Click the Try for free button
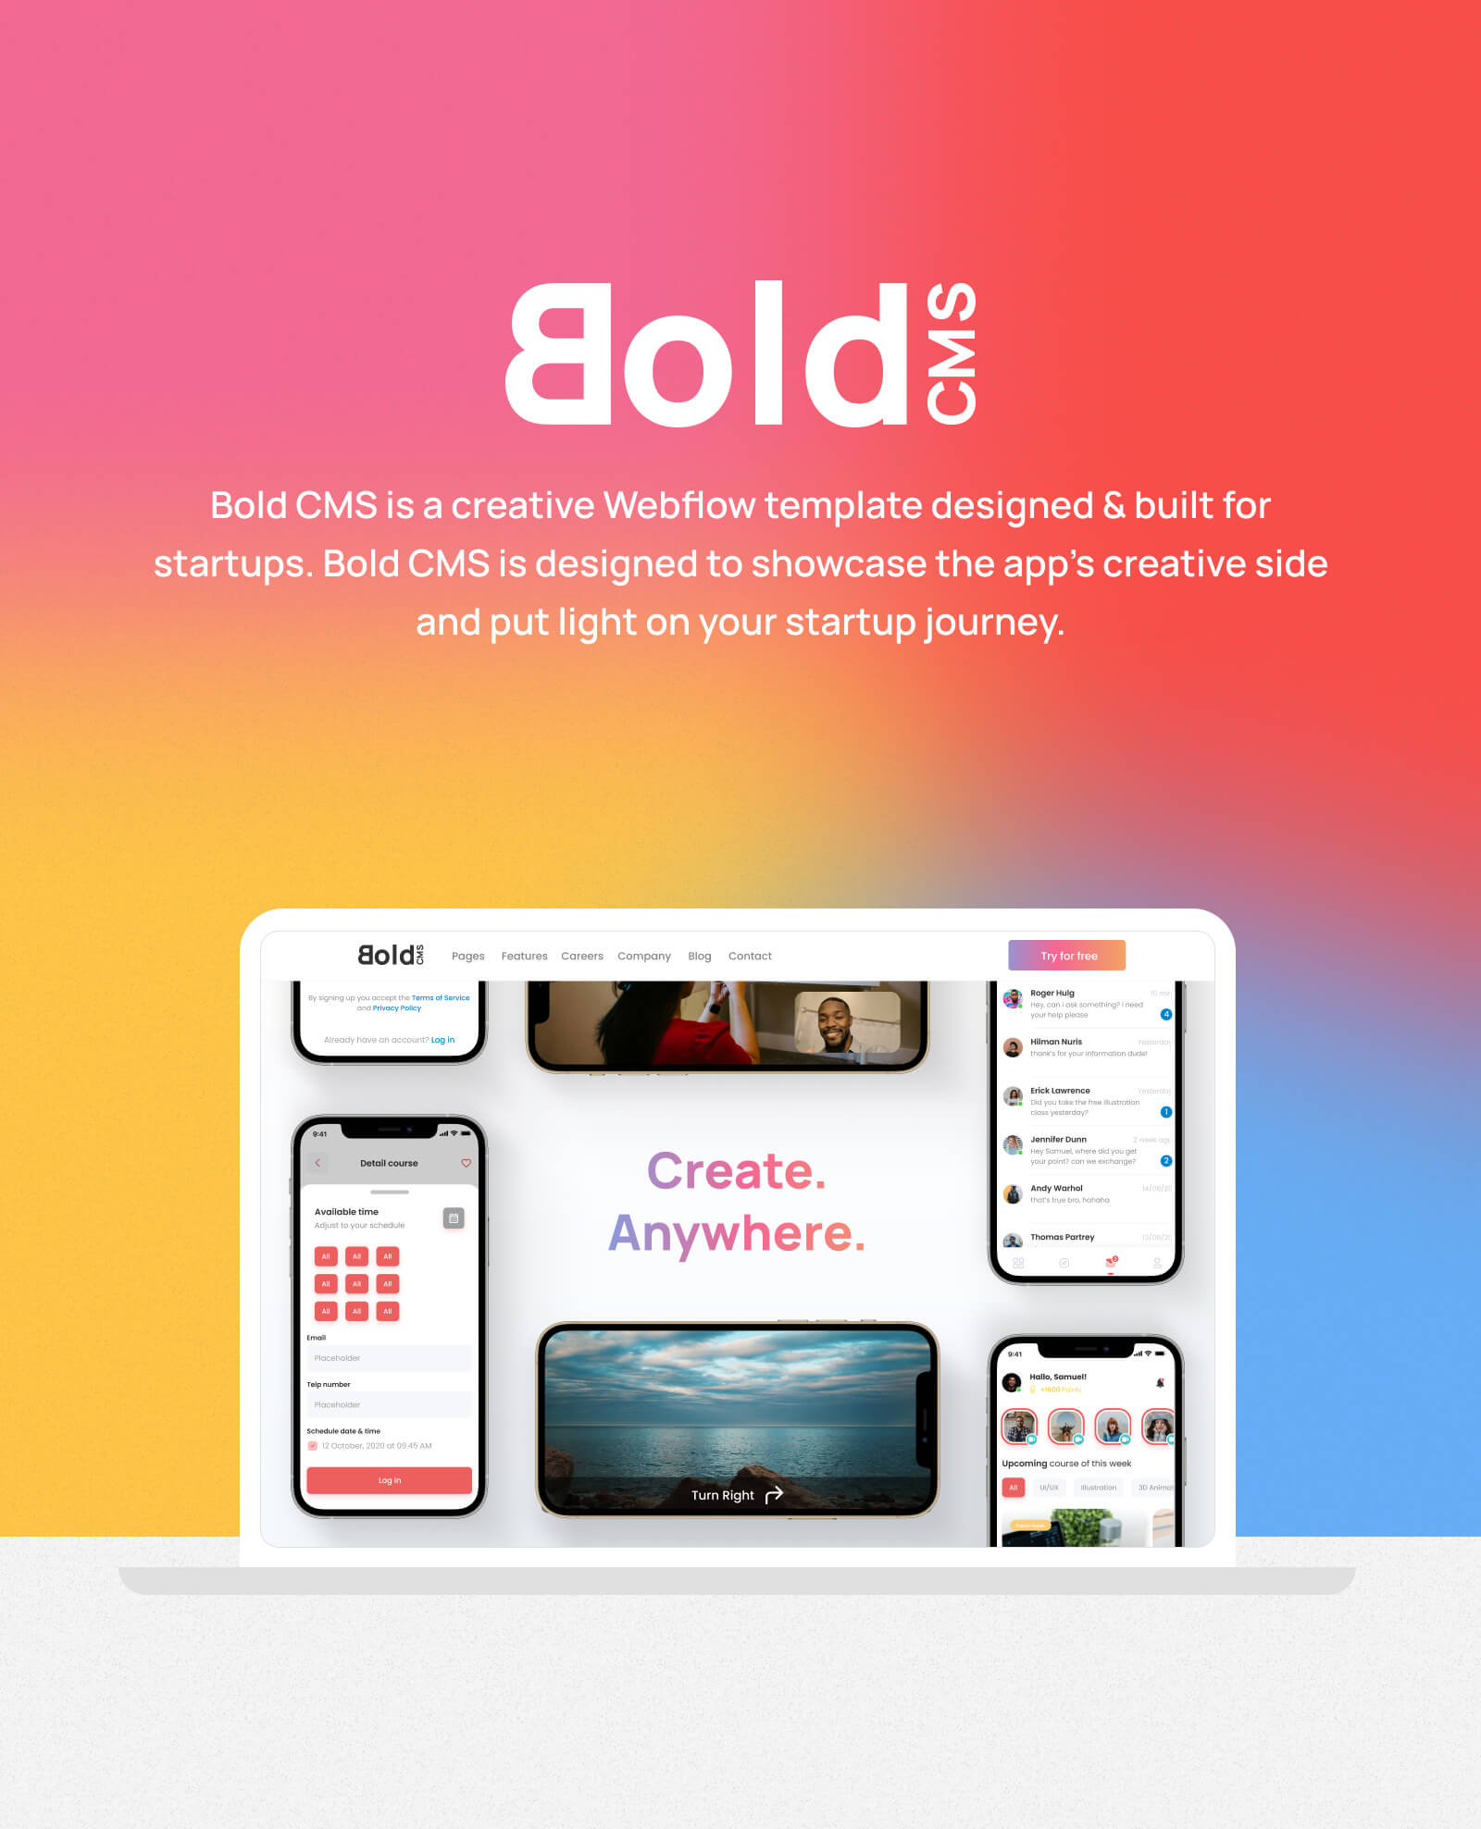pyautogui.click(x=1066, y=956)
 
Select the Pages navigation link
pyautogui.click(x=467, y=957)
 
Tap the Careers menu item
pyautogui.click(x=581, y=957)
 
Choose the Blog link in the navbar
pyautogui.click(x=699, y=957)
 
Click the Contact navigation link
pyautogui.click(x=749, y=957)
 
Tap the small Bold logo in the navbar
pyautogui.click(x=390, y=955)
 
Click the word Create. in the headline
pyautogui.click(x=736, y=1171)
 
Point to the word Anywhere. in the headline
pyautogui.click(x=736, y=1233)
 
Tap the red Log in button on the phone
pyautogui.click(x=389, y=1480)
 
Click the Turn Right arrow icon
pyautogui.click(x=774, y=1495)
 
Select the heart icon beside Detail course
pyautogui.click(x=466, y=1163)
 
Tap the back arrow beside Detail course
pyautogui.click(x=317, y=1163)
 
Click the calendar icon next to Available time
pyautogui.click(x=454, y=1218)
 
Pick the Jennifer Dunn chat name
pyautogui.click(x=1058, y=1140)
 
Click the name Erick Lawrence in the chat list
pyautogui.click(x=1060, y=1091)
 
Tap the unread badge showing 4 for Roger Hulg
pyautogui.click(x=1165, y=1015)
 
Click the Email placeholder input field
pyautogui.click(x=389, y=1358)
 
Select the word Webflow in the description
pyautogui.click(x=678, y=506)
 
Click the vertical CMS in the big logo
pyautogui.click(x=952, y=353)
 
